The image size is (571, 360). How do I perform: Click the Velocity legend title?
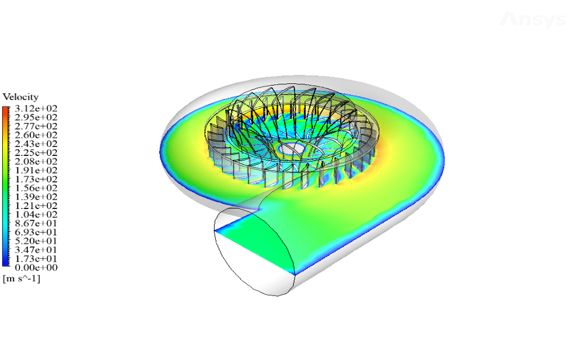[x=20, y=97]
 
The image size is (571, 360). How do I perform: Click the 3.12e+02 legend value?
[x=36, y=108]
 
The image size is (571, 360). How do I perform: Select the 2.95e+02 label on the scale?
[x=36, y=117]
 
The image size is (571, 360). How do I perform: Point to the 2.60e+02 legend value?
[x=36, y=135]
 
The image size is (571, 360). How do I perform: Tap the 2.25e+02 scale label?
[x=36, y=152]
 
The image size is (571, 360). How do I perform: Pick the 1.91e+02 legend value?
[x=36, y=170]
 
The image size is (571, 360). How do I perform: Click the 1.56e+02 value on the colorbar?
[x=36, y=188]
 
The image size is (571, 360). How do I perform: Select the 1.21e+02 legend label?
[x=36, y=206]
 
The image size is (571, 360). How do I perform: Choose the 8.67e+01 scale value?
[x=36, y=224]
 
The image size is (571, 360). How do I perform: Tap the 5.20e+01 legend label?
[x=36, y=241]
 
